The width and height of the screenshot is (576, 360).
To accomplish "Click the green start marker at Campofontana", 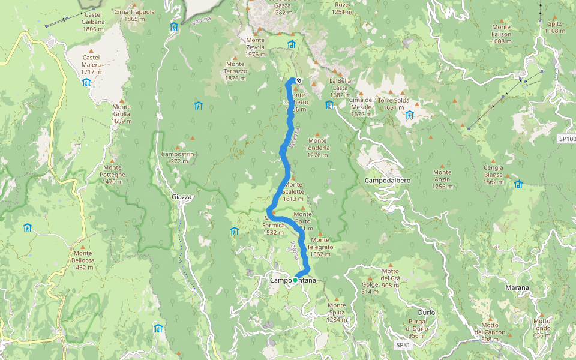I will (x=295, y=280).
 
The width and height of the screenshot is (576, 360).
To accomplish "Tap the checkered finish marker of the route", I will (x=298, y=80).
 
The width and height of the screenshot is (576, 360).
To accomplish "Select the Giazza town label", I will (x=181, y=196).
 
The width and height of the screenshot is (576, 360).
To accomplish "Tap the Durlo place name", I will (x=426, y=313).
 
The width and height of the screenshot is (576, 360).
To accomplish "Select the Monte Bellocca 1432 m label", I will (x=83, y=263).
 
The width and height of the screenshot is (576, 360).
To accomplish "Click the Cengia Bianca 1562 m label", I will (x=493, y=175).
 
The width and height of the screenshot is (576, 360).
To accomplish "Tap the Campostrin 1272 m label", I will (x=178, y=157).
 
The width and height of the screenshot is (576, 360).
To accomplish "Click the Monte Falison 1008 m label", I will (x=501, y=34).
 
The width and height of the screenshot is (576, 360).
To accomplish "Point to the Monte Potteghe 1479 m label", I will (x=112, y=175).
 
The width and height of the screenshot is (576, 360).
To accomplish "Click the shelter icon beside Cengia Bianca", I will (x=518, y=184).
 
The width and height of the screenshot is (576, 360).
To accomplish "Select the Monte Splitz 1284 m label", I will (x=337, y=312).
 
